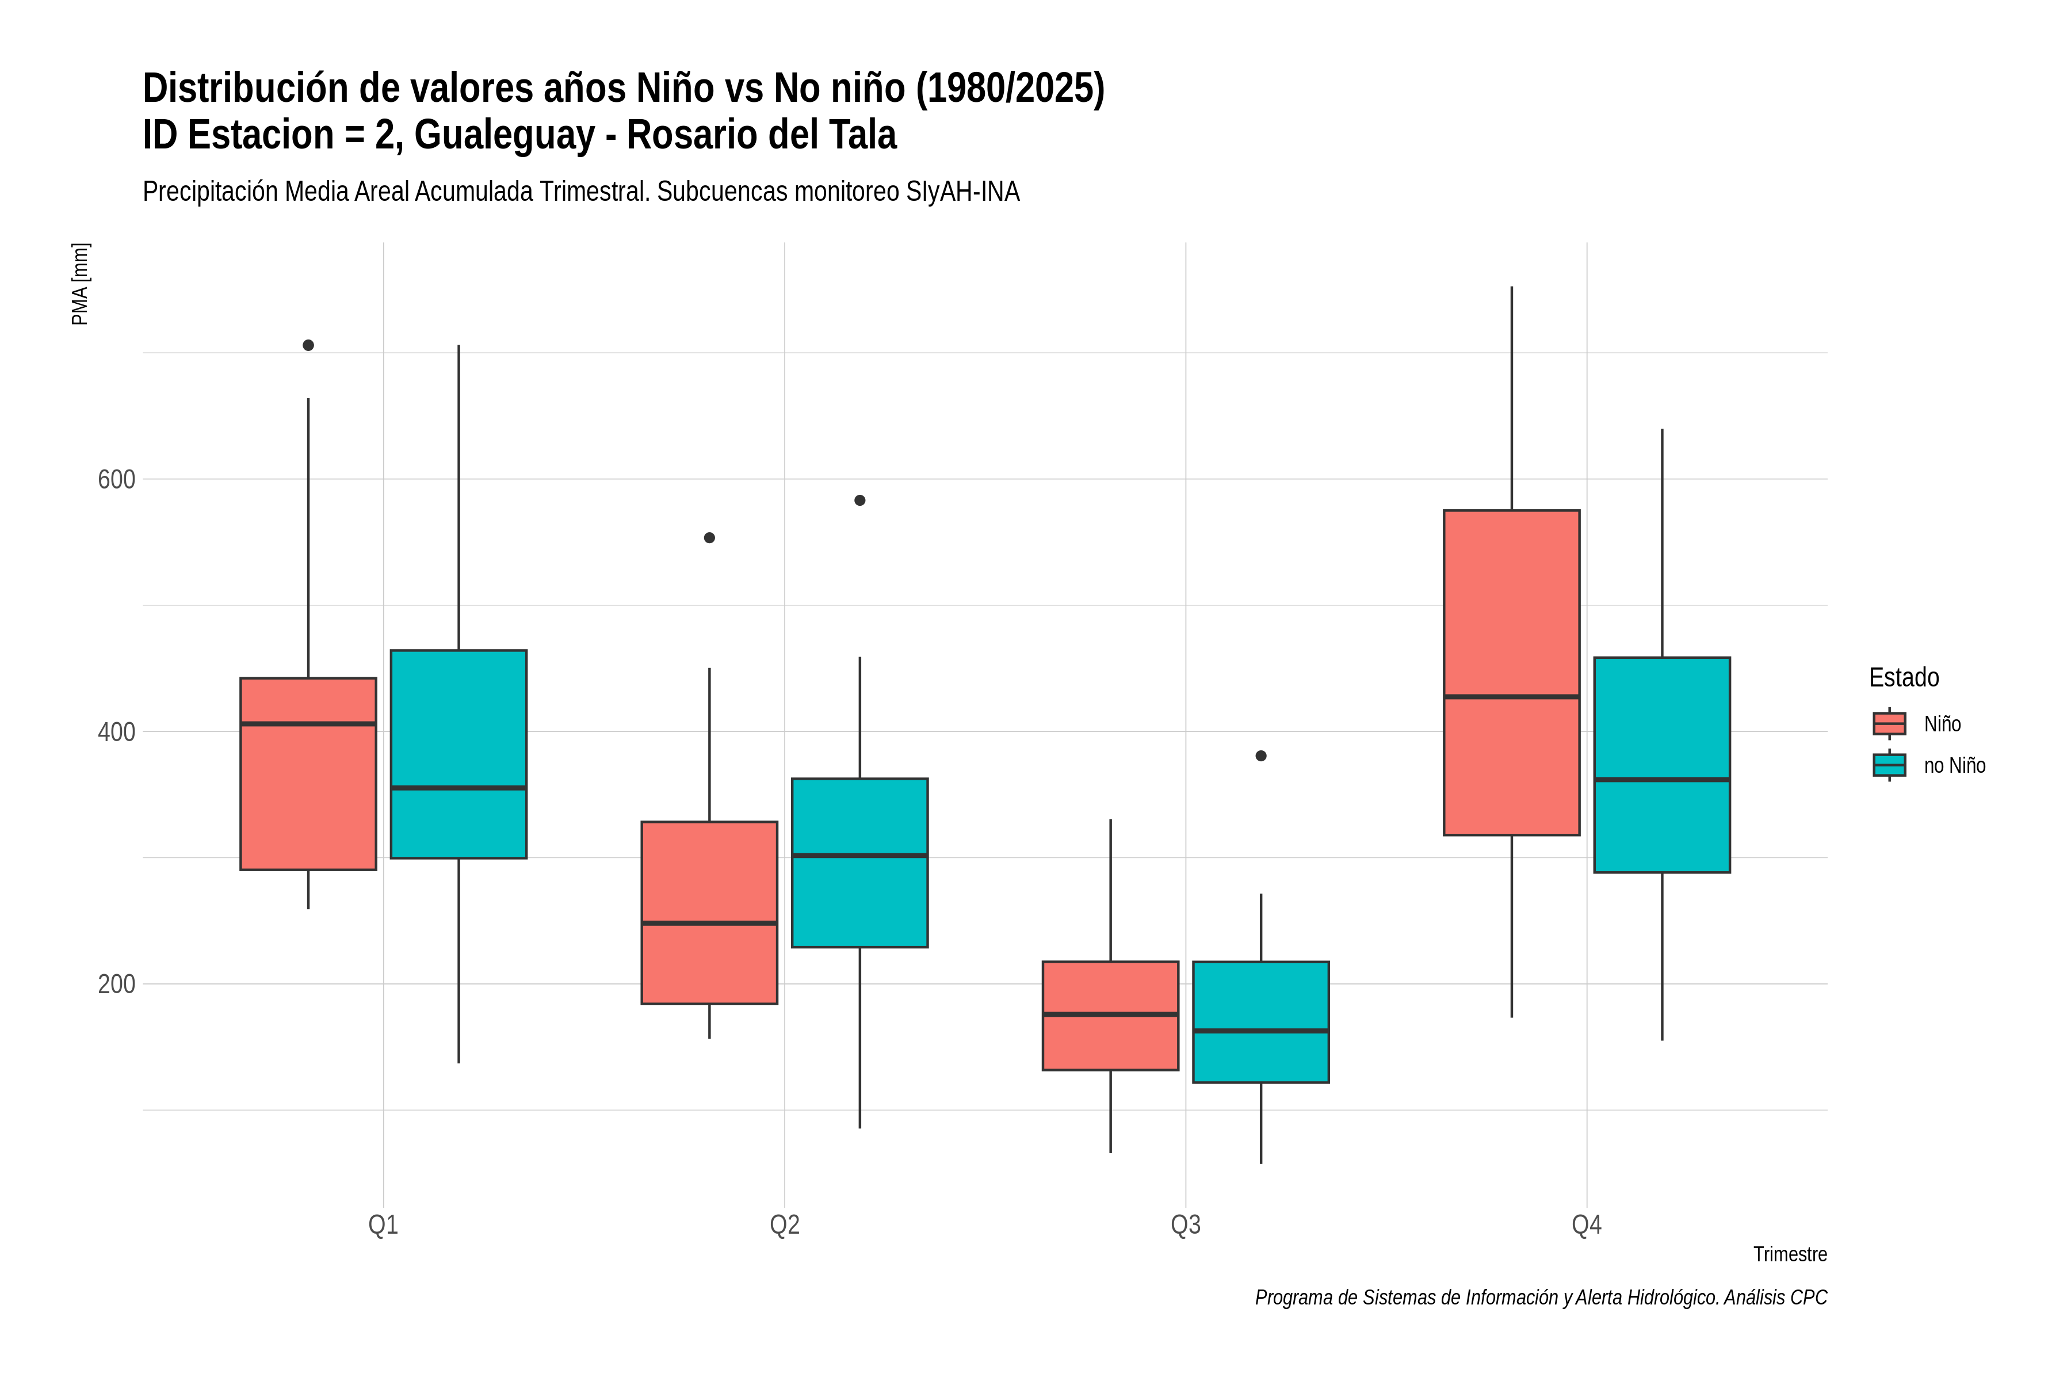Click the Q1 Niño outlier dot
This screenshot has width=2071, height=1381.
point(308,345)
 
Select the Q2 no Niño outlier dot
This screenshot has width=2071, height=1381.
point(859,500)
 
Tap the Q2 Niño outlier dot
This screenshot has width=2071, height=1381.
point(710,538)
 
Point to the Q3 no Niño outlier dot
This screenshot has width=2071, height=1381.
point(1261,756)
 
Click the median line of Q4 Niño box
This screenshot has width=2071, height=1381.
point(1511,697)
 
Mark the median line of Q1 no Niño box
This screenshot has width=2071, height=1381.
point(458,787)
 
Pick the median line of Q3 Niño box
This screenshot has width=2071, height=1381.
point(1110,1014)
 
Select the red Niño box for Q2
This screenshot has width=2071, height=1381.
point(710,913)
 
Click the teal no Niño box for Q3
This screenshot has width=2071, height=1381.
point(1261,1022)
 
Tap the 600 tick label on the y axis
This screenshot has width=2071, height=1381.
point(116,480)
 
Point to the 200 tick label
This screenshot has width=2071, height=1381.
point(116,984)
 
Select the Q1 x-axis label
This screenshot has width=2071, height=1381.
point(383,1224)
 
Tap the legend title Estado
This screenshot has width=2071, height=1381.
point(1904,677)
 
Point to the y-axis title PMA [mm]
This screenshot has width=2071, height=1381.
point(80,284)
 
